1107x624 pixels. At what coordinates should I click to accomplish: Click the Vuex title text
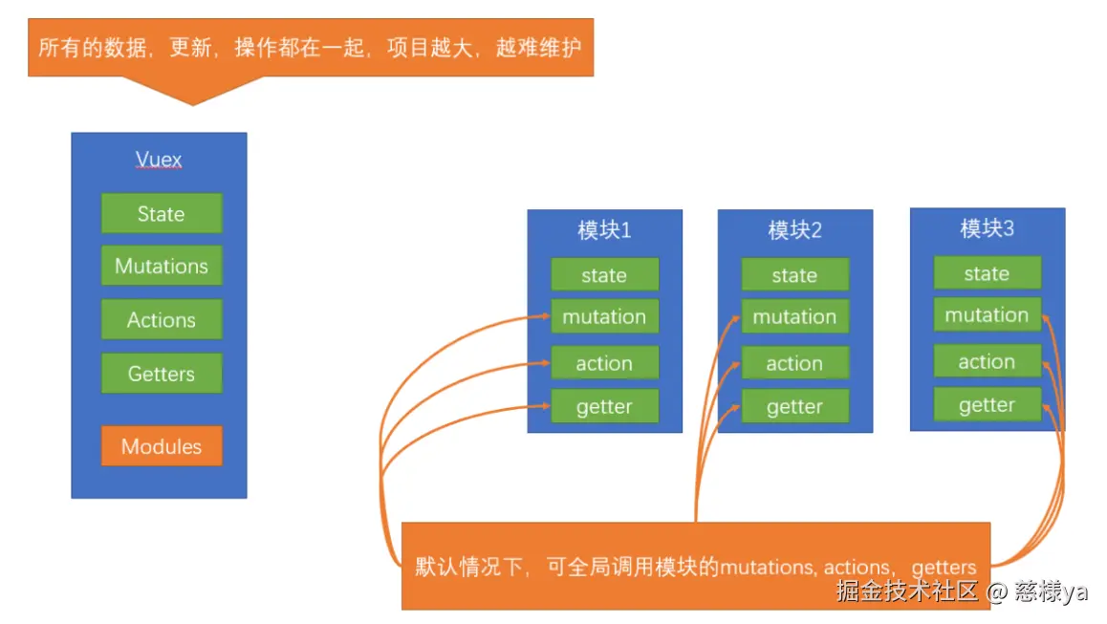[159, 160]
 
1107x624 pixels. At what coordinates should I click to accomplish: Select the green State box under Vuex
[162, 213]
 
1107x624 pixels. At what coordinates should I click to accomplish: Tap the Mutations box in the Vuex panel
[162, 266]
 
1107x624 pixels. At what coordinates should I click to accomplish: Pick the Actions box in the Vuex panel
[162, 320]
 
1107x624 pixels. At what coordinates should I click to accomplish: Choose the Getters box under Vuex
[162, 374]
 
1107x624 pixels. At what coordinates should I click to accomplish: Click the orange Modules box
[162, 446]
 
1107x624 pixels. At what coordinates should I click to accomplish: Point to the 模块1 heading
[604, 230]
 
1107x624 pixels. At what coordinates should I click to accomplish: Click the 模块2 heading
[794, 230]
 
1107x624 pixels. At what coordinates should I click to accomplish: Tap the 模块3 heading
[987, 228]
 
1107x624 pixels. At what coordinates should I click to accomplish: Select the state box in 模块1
[604, 275]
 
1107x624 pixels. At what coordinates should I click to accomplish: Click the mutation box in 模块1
[604, 316]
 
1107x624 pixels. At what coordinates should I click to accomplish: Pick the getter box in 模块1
[604, 407]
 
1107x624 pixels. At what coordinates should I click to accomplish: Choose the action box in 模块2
[794, 363]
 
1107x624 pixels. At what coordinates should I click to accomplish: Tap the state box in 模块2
[794, 275]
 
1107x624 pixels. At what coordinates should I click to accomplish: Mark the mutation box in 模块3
[987, 315]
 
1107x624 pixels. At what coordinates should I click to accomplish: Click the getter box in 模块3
[987, 405]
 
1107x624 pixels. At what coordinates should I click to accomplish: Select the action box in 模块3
[987, 361]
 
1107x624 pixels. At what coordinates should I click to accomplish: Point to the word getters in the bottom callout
[944, 568]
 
